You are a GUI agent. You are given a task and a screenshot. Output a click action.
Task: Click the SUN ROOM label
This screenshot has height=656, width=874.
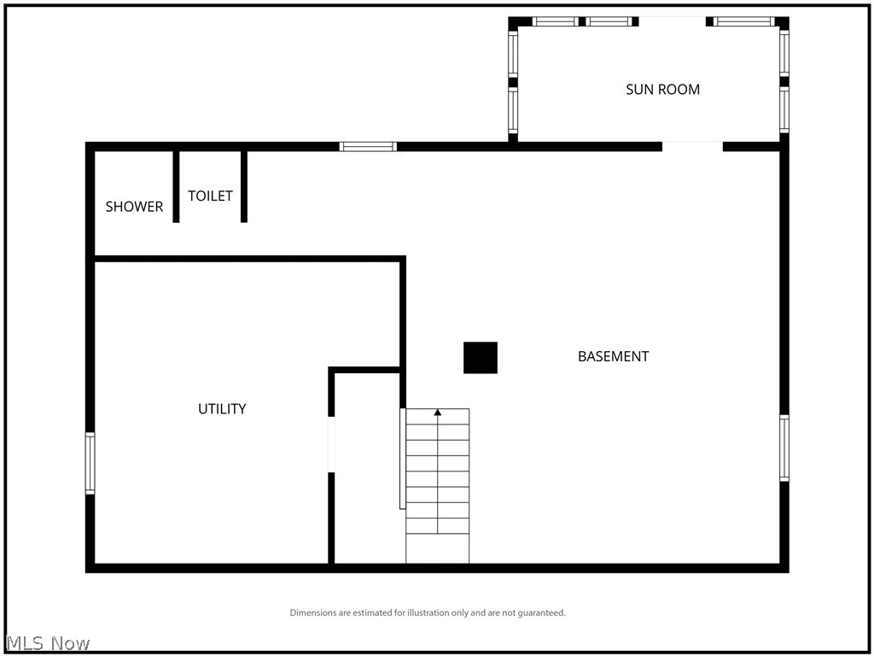tap(662, 89)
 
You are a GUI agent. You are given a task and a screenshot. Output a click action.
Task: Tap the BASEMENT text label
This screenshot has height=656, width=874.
tap(613, 356)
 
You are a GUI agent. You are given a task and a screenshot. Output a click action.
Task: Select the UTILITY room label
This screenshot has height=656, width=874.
tap(222, 408)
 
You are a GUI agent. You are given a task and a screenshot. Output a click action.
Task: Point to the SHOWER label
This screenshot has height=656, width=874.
tap(134, 207)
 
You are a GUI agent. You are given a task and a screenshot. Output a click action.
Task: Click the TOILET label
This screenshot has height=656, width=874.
tap(210, 196)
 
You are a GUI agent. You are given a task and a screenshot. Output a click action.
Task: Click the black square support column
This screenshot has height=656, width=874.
tap(480, 358)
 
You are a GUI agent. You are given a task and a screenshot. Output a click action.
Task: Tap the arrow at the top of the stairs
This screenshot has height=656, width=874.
tap(438, 413)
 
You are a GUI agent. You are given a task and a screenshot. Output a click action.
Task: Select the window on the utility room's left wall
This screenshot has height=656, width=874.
tap(90, 463)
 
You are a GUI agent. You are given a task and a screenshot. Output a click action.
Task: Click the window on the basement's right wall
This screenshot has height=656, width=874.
tap(784, 448)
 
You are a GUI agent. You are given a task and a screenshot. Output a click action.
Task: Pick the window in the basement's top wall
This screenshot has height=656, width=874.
tap(368, 146)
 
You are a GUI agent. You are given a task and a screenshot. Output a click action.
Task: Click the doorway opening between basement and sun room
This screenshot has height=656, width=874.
tap(692, 146)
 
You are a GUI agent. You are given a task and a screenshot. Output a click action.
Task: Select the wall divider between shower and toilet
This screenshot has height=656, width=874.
tap(176, 186)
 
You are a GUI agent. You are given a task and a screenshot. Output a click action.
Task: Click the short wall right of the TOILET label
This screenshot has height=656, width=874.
tap(243, 186)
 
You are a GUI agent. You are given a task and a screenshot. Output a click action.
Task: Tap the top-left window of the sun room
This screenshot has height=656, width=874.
tap(556, 21)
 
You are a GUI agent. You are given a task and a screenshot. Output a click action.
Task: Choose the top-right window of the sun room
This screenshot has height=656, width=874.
tap(743, 21)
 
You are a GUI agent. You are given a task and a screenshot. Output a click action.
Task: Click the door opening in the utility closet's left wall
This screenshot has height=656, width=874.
tap(331, 444)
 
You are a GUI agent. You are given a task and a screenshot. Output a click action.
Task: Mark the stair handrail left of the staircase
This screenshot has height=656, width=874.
tap(402, 459)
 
